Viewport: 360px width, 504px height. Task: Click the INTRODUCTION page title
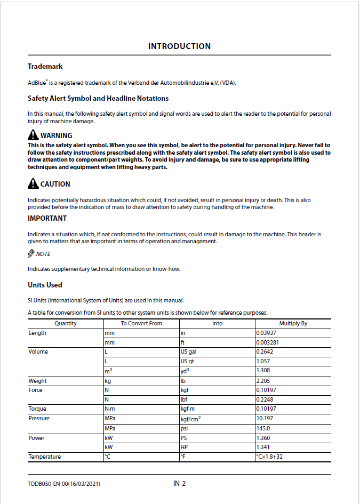click(179, 46)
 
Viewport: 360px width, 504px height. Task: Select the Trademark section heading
click(45, 67)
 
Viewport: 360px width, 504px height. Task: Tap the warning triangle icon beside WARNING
click(33, 135)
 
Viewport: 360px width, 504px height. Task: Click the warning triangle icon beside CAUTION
click(33, 184)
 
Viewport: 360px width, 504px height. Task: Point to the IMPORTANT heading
click(47, 218)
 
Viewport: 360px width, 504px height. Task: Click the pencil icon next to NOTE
click(31, 253)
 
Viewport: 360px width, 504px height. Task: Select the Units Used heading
click(45, 285)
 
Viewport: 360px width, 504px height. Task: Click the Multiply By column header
click(293, 323)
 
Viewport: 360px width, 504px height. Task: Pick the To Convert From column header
click(141, 323)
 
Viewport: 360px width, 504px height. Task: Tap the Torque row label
click(37, 409)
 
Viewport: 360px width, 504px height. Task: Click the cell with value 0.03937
click(267, 333)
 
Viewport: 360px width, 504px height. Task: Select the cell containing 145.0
click(263, 428)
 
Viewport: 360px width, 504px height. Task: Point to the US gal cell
click(189, 352)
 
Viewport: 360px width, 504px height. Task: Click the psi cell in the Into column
click(185, 428)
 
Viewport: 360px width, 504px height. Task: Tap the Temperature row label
click(44, 457)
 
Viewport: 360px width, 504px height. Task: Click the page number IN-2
click(179, 484)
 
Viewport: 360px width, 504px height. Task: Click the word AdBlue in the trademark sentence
click(36, 83)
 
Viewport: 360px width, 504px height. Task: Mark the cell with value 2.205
click(263, 381)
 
